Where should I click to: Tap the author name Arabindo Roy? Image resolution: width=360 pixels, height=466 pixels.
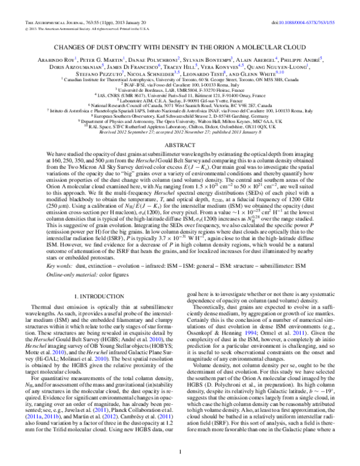tap(62, 60)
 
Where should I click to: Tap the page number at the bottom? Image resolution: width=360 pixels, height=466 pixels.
tap(180, 452)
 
